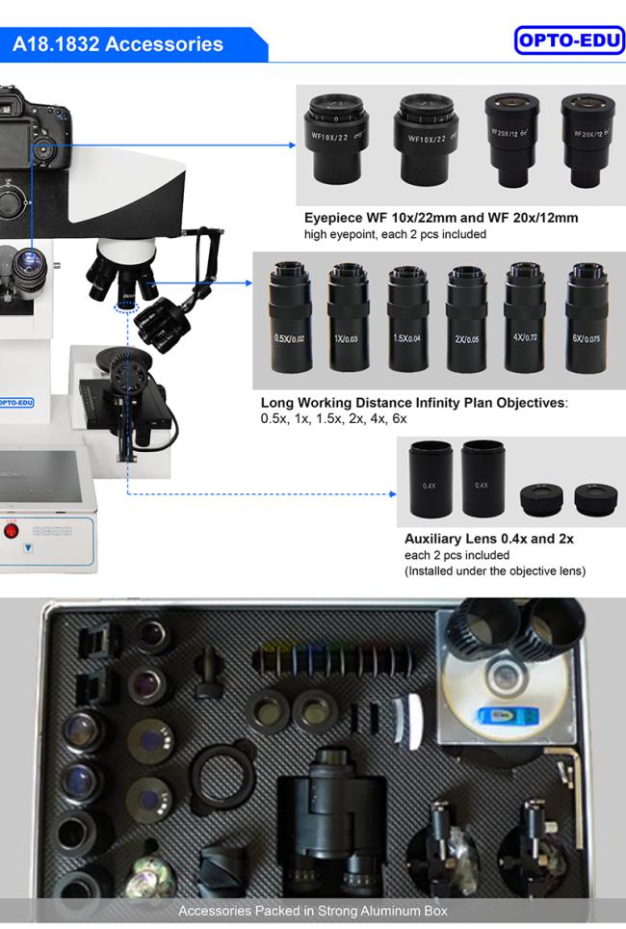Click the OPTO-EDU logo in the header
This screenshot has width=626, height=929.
tap(570, 40)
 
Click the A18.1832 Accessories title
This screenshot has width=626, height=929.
tap(117, 44)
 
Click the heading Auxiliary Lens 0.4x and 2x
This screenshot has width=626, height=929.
tap(488, 539)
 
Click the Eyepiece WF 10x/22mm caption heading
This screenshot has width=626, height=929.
tap(441, 218)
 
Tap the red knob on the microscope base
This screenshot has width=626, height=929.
tap(12, 529)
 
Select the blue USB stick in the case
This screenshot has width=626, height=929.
tap(497, 717)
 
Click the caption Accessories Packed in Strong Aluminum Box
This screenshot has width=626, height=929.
tap(313, 911)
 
